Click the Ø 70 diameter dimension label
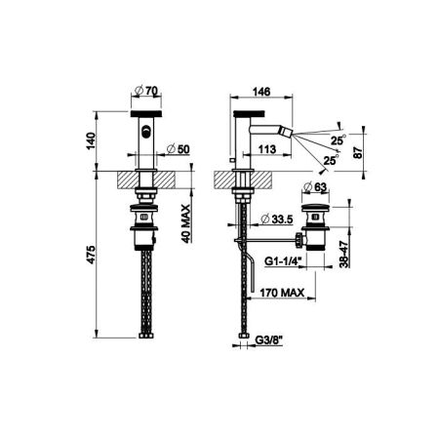146,91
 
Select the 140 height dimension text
92,140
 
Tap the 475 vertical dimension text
92,255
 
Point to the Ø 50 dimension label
178,149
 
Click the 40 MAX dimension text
185,223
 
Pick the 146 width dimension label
261,92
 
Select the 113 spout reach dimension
267,149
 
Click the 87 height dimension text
357,152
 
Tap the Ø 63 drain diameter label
315,186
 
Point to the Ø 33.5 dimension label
277,219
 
